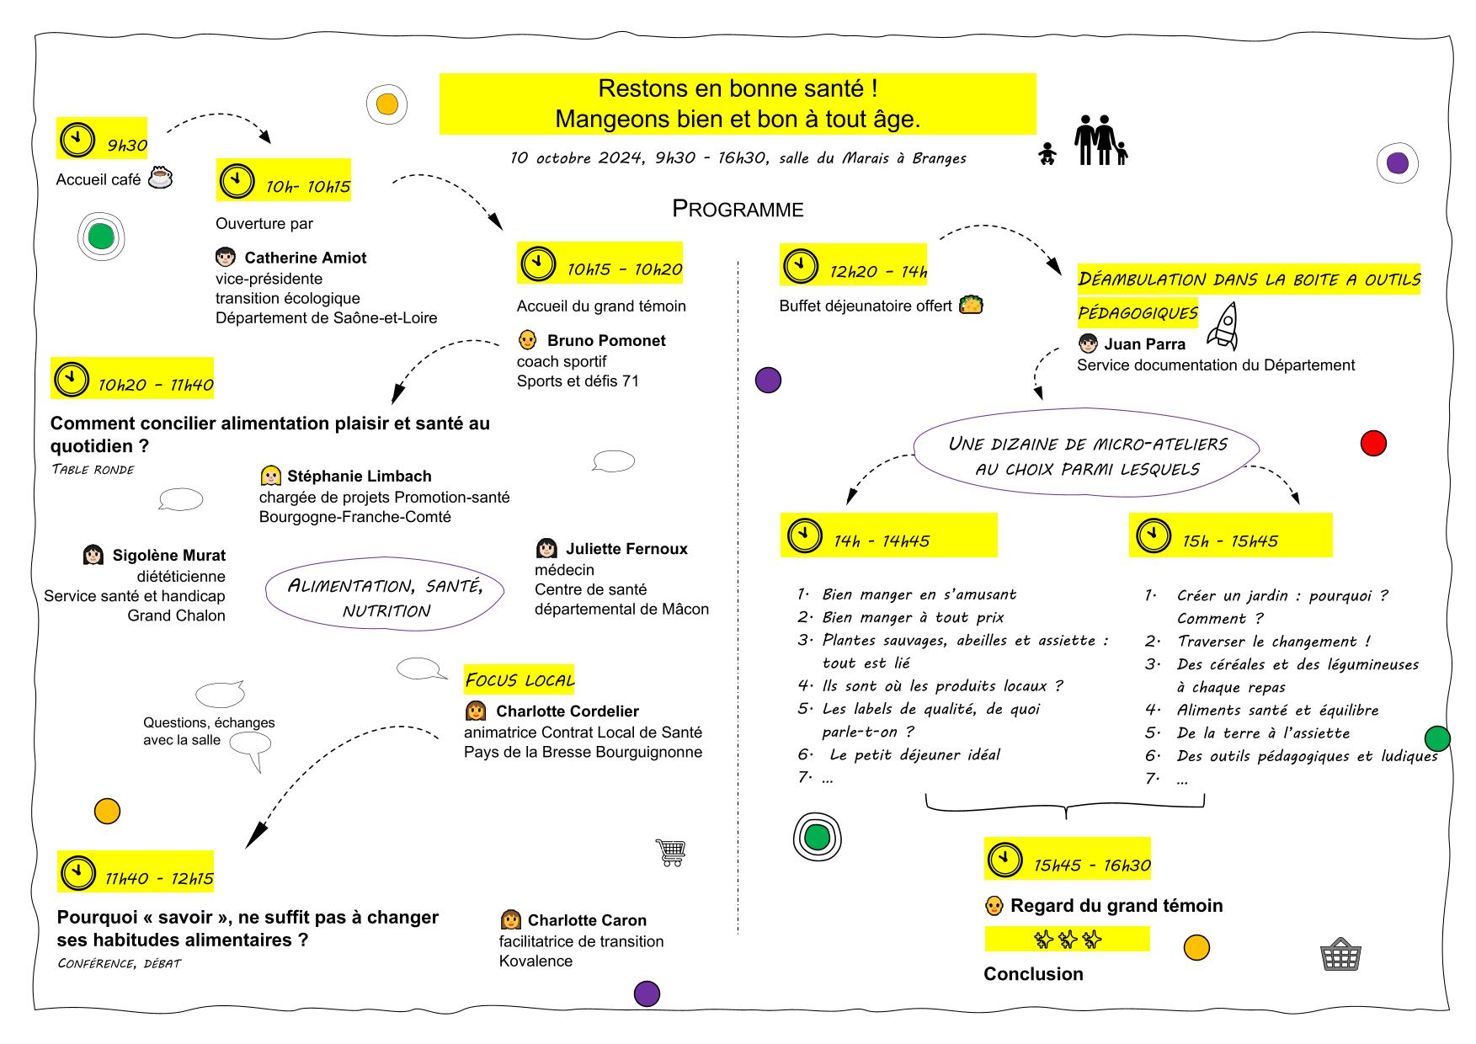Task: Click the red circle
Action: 1373,443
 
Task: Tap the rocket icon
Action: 1223,326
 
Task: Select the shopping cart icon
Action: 670,853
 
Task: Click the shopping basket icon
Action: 1341,954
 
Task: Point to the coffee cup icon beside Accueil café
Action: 161,178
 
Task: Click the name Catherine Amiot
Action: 306,258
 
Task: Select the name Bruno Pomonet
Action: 606,340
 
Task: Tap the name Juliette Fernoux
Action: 626,548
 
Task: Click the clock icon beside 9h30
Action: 77,139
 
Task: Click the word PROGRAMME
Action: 738,209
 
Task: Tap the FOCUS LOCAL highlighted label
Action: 520,679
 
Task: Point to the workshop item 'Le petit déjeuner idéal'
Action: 915,754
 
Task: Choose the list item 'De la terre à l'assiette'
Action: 1263,732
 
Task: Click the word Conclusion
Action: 1033,973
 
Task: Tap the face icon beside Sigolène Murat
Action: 93,555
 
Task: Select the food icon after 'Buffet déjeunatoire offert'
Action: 971,304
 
